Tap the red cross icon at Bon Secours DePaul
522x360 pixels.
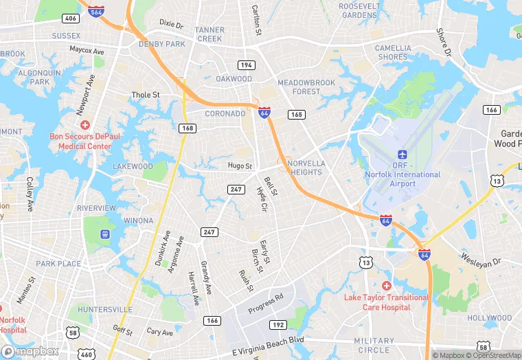(85, 125)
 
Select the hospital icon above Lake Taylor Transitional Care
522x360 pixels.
(387, 285)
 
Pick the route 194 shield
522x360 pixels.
(247, 65)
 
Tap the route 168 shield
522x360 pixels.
(186, 128)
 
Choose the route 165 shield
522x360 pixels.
(296, 114)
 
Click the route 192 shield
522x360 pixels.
(278, 324)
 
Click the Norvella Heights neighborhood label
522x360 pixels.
(305, 168)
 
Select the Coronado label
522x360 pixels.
(225, 113)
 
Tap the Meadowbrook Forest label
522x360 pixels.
(306, 87)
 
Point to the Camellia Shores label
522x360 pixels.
(393, 52)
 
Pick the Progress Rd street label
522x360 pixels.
(266, 304)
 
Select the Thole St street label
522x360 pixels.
(146, 95)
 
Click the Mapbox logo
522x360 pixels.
(31, 350)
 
